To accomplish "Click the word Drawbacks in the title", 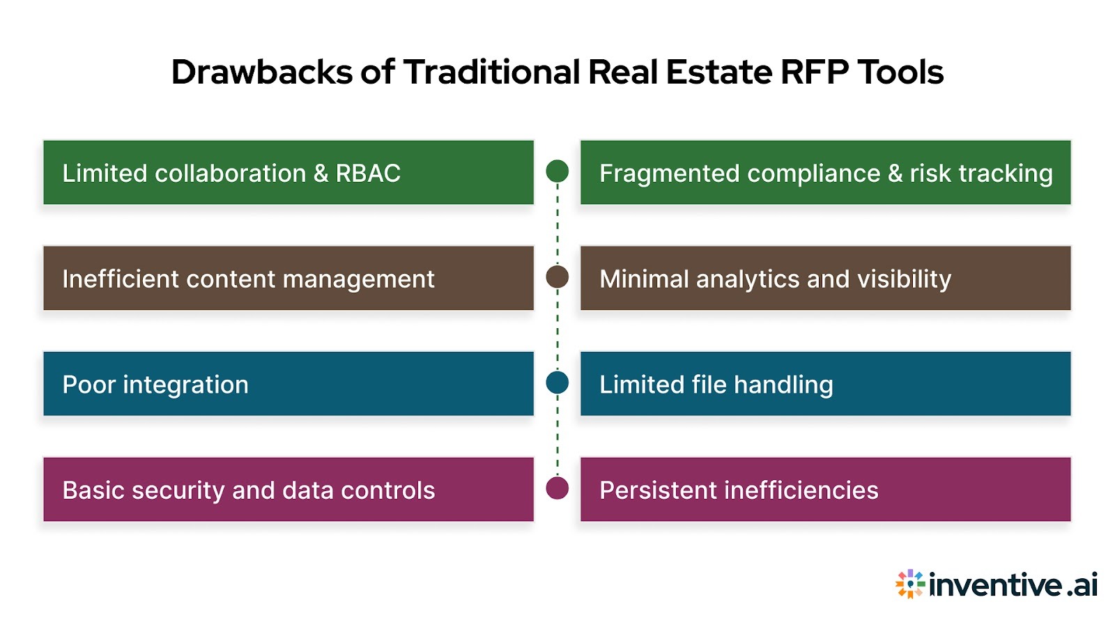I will pyautogui.click(x=262, y=72).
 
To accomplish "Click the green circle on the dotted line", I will pyautogui.click(x=557, y=171).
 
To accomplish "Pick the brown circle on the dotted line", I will pyautogui.click(x=557, y=277).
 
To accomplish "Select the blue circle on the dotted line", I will pyautogui.click(x=557, y=382).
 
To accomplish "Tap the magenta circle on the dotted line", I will pyautogui.click(x=557, y=488).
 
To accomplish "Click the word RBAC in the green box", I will pyautogui.click(x=368, y=173).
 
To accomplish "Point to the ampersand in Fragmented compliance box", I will pyautogui.click(x=895, y=173).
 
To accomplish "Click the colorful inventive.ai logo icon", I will pyautogui.click(x=910, y=584).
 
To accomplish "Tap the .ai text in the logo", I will pyautogui.click(x=1082, y=585).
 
